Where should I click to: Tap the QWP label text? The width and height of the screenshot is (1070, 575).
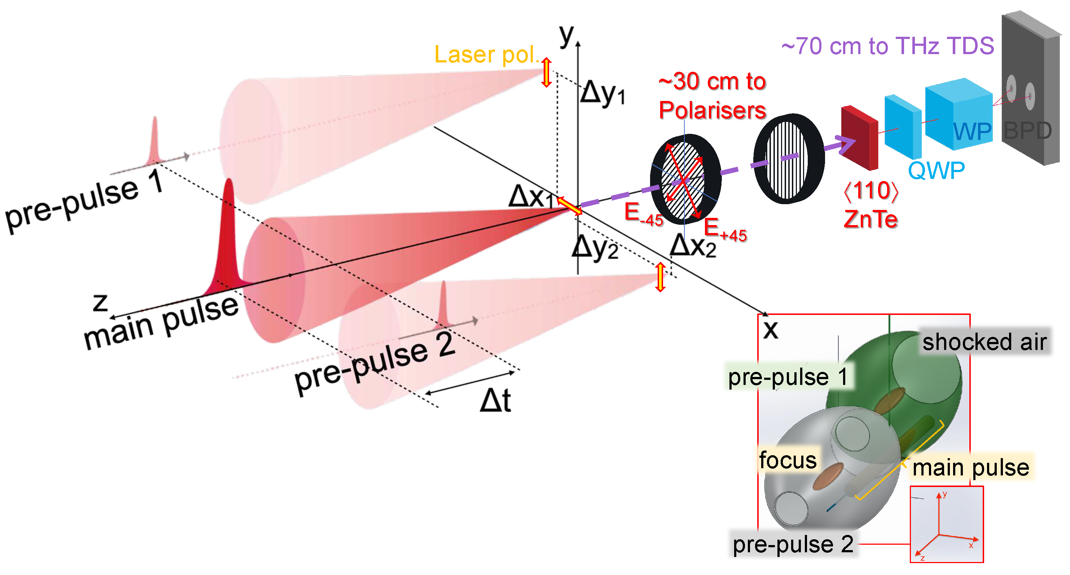[x=936, y=170]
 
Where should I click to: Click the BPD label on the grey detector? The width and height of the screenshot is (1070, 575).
[x=1027, y=131]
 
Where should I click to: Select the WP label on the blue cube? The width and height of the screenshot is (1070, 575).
[x=972, y=132]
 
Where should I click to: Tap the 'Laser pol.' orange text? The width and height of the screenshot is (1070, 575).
[x=486, y=54]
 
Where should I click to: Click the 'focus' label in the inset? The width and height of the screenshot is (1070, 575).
[x=788, y=460]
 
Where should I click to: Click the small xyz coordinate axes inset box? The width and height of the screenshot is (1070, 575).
[x=946, y=524]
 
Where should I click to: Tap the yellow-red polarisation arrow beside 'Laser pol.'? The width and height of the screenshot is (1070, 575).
[x=546, y=72]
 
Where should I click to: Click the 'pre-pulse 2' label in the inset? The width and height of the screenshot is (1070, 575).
[x=793, y=544]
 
